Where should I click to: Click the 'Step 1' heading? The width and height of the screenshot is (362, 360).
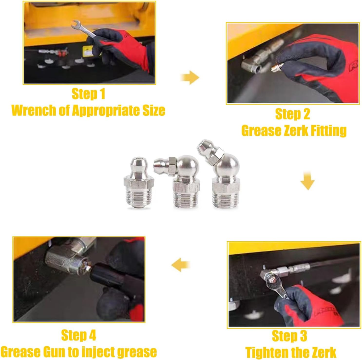click(88, 94)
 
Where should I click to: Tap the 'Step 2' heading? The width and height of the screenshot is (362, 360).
click(292, 114)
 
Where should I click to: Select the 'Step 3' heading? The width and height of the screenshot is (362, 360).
click(290, 336)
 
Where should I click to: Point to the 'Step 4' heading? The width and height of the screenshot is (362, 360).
click(79, 335)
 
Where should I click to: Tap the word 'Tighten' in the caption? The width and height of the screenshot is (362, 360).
click(266, 353)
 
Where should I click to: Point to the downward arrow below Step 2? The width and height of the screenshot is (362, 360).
click(307, 181)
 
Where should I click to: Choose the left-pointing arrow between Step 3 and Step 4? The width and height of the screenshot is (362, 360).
click(181, 265)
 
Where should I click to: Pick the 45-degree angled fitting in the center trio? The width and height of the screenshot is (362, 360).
click(219, 174)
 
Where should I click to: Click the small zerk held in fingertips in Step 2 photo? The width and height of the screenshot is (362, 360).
click(275, 68)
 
